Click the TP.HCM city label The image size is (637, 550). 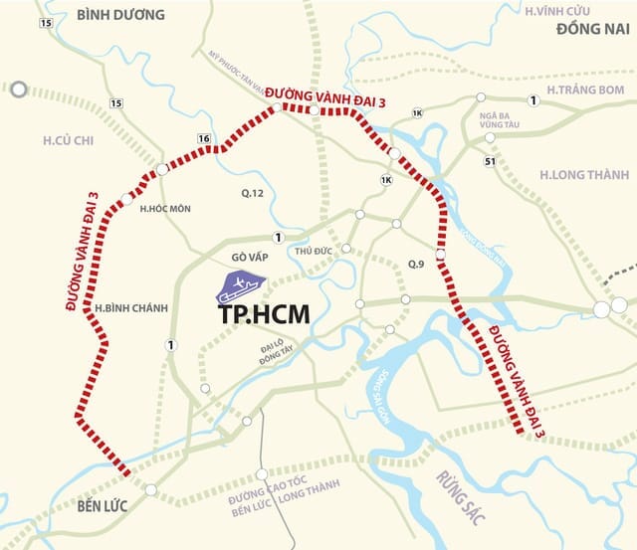tap(263, 313)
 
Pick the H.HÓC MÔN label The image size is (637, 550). tap(164, 209)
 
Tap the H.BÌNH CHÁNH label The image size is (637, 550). tap(124, 309)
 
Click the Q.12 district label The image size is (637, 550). tap(253, 192)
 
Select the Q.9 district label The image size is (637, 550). tap(417, 264)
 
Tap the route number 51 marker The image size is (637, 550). tap(490, 161)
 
